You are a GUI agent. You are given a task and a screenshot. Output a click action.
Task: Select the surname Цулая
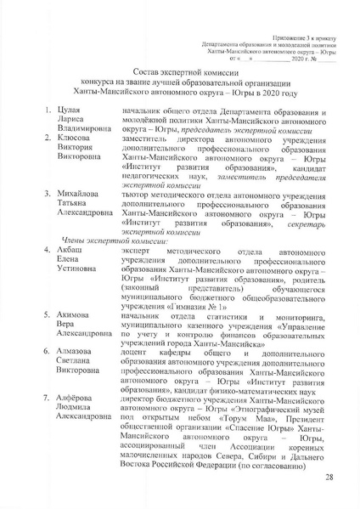pyautogui.click(x=70, y=135)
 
